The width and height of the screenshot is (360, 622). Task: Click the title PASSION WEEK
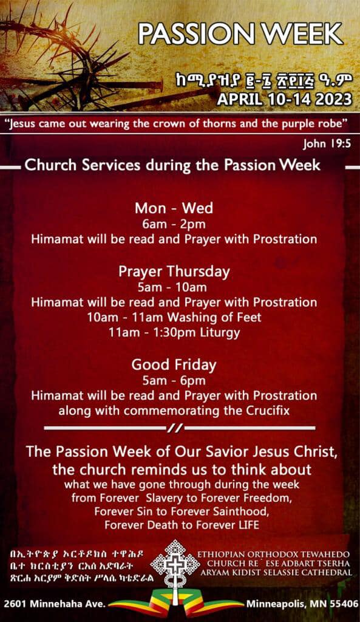point(240,34)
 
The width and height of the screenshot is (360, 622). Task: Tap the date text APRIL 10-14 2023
point(284,99)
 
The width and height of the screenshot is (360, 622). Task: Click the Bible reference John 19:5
point(327,143)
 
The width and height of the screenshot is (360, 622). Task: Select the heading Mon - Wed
point(174,208)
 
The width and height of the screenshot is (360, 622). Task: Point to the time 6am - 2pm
point(174,224)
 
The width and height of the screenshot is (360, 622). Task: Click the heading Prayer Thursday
point(174,272)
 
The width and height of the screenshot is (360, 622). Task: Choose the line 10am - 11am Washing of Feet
point(174,317)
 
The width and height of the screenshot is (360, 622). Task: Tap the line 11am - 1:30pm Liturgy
point(174,332)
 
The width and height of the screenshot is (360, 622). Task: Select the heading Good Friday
point(174,365)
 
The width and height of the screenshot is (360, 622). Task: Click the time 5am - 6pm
point(174,381)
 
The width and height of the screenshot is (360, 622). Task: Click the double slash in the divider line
point(175,428)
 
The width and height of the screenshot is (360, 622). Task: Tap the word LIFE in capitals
point(248,525)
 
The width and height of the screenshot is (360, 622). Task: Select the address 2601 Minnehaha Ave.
point(55,604)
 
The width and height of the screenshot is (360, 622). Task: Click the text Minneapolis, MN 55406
point(302,604)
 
